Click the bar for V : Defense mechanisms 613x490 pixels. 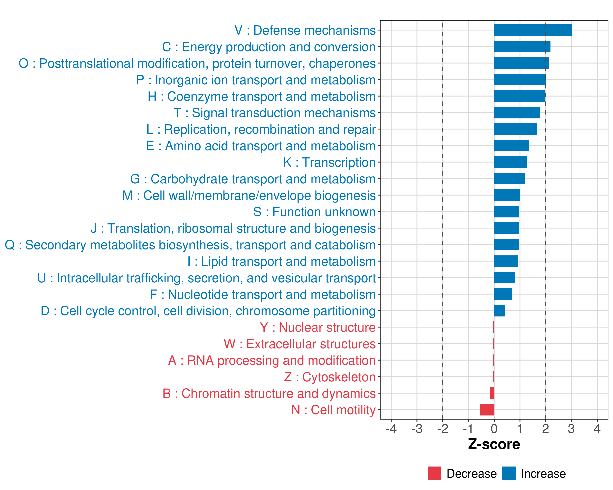533,30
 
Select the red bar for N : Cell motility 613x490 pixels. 487,410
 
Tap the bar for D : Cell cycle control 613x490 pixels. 500,311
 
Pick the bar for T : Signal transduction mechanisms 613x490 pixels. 517,113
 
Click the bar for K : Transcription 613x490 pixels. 510,162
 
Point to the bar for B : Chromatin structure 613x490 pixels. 492,393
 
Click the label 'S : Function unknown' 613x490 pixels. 314,212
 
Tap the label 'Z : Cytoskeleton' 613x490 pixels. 330,377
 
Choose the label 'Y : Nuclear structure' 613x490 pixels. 318,327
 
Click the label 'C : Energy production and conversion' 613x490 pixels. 269,47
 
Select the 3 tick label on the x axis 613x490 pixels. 571,429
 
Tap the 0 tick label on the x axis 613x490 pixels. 494,429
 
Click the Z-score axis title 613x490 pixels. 494,444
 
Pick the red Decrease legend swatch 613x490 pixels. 434,473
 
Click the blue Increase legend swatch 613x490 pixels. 509,473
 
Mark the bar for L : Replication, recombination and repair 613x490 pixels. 516,129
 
